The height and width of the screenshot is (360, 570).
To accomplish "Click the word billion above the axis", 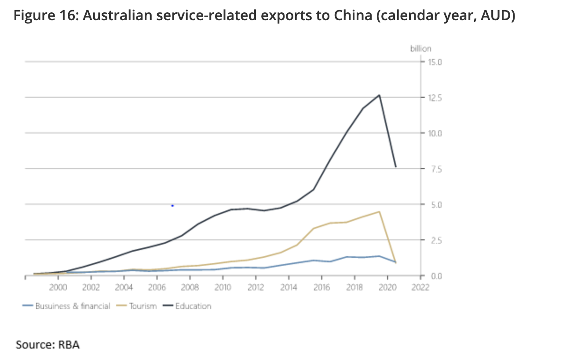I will point(421,48).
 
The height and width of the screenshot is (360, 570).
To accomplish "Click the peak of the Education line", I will point(379,95).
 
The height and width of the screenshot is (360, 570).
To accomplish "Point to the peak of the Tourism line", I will point(379,212).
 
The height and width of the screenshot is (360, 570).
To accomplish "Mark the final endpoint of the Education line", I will point(396,167).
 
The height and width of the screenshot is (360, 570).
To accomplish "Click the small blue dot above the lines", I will point(172,206).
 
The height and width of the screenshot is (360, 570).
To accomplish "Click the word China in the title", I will point(351,16).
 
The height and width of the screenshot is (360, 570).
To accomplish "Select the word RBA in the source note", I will point(69,344).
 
